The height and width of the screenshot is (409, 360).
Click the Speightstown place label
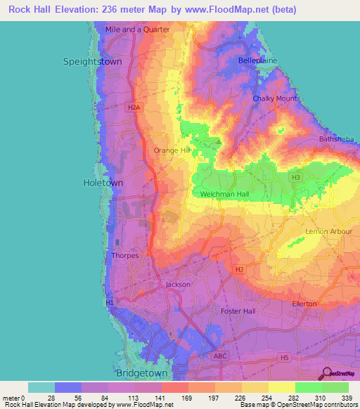[x=93, y=62]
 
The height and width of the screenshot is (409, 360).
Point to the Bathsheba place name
[x=335, y=139]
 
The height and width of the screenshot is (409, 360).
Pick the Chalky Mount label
[x=275, y=99]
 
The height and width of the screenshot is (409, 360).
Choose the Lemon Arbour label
[x=328, y=231]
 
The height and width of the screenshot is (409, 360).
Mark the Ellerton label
[x=304, y=303]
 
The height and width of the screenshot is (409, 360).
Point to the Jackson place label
[x=178, y=285]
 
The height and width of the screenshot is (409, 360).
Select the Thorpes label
[x=124, y=256]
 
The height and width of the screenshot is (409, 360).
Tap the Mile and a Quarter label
[x=138, y=30]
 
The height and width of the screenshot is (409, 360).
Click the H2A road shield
[x=134, y=107]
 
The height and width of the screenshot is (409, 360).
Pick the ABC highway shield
[x=220, y=356]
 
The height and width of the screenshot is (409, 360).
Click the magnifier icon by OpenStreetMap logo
[x=326, y=374]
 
